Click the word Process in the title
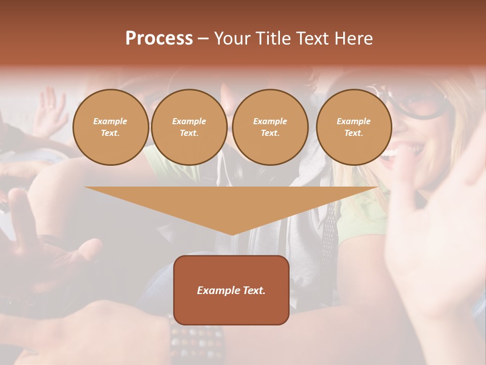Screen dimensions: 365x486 pyautogui.click(x=159, y=39)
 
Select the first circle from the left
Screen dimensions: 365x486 pyautogui.click(x=110, y=127)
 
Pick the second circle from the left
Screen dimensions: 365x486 pyautogui.click(x=189, y=127)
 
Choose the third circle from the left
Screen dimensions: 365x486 pyautogui.click(x=270, y=127)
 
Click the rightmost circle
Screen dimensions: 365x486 pyautogui.click(x=353, y=127)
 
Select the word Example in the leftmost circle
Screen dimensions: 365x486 pyautogui.click(x=110, y=121)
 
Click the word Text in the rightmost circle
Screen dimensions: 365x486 pyautogui.click(x=353, y=133)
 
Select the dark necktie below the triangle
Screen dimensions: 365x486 pyautogui.click(x=329, y=233)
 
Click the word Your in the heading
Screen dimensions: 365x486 pyautogui.click(x=231, y=39)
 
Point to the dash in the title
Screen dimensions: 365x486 pyautogui.click(x=204, y=39)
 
